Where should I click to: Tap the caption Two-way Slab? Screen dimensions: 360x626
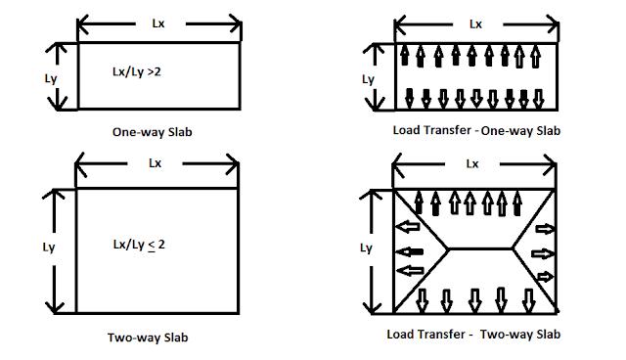[148, 337]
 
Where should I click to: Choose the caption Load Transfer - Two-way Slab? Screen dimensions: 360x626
[474, 336]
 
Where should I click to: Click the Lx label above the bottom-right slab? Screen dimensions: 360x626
[473, 164]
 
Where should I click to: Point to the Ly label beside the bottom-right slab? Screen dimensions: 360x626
[367, 248]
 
